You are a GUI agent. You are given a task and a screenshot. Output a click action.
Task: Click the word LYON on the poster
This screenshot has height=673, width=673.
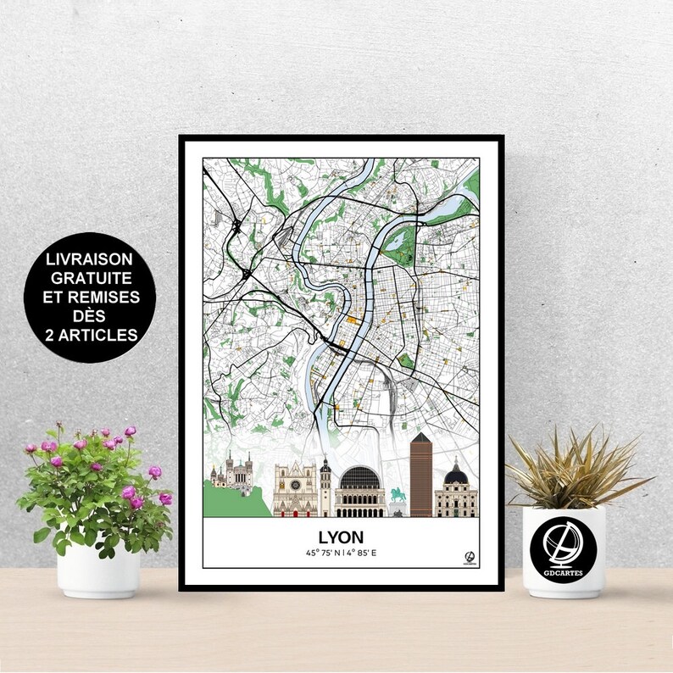[341, 537]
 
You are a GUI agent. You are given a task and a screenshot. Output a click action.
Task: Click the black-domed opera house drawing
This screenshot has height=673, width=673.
[360, 490]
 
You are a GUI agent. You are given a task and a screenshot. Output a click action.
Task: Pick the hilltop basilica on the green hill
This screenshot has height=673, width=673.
[235, 474]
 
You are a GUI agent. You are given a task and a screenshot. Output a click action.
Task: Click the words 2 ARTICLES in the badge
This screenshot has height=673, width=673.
[90, 335]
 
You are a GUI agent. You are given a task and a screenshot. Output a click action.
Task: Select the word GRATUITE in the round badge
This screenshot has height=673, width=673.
[89, 278]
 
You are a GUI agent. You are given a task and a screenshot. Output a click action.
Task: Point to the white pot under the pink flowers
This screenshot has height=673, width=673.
[98, 569]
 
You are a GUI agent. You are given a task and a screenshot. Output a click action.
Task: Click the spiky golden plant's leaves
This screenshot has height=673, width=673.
[576, 470]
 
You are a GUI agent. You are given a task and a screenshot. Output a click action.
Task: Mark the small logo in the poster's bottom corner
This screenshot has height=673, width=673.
[469, 557]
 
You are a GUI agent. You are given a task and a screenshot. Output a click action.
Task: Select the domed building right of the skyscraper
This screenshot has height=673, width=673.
[456, 492]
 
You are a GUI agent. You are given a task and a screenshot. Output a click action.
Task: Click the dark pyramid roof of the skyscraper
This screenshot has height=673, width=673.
[421, 438]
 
